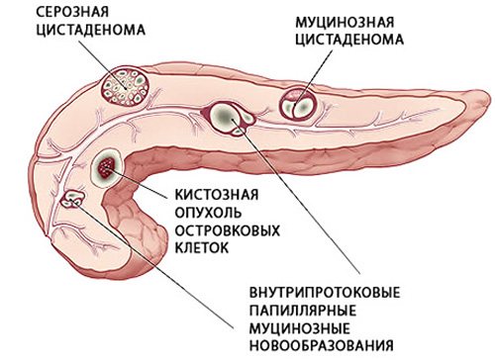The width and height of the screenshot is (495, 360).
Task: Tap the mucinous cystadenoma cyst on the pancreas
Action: [x=298, y=103]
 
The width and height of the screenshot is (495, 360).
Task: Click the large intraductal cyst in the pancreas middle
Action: [x=227, y=119]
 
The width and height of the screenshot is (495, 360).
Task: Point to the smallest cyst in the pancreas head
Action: [x=71, y=202]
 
